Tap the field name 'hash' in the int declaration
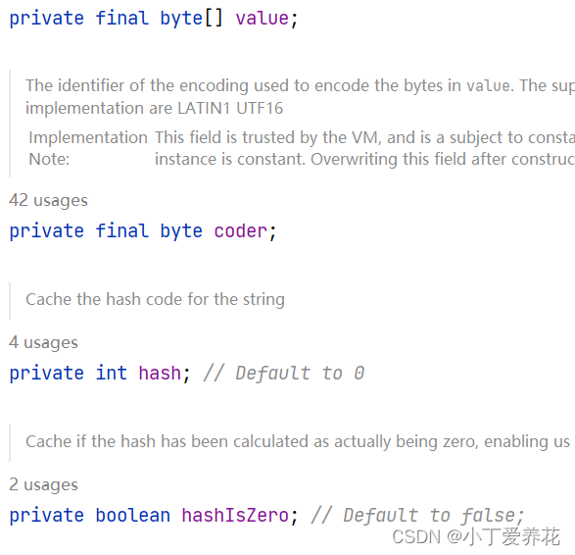coord(159,374)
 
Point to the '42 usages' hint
coord(48,200)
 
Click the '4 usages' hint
coord(43,342)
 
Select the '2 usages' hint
coord(43,484)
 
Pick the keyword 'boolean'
coord(132,516)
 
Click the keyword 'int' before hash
coord(111,374)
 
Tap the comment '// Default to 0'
coord(283,374)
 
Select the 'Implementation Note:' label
coord(87,148)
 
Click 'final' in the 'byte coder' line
coord(121,231)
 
